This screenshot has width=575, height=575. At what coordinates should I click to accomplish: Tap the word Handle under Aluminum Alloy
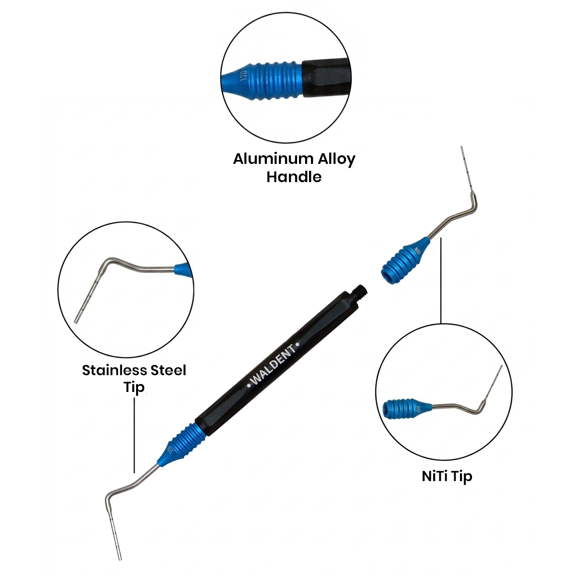tap(294, 177)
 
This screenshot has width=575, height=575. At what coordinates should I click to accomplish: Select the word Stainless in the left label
tap(114, 370)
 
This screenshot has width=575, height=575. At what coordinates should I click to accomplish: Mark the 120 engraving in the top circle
tap(242, 77)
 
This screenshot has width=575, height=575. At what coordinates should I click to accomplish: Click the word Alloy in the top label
tap(332, 159)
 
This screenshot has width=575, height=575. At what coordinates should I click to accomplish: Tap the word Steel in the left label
tap(168, 370)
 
